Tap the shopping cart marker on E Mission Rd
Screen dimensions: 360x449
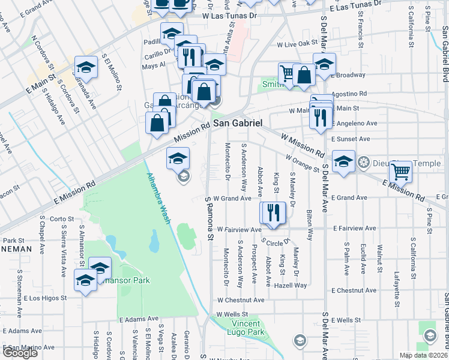click(x=400, y=172)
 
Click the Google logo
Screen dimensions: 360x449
click(x=20, y=352)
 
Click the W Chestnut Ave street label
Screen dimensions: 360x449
click(x=241, y=299)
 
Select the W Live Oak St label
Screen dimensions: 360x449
click(x=297, y=44)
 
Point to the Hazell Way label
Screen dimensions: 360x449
click(x=291, y=285)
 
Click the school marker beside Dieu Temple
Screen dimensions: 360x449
click(x=343, y=161)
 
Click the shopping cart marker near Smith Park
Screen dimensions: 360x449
click(x=288, y=73)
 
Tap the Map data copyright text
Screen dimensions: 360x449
click(x=423, y=355)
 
